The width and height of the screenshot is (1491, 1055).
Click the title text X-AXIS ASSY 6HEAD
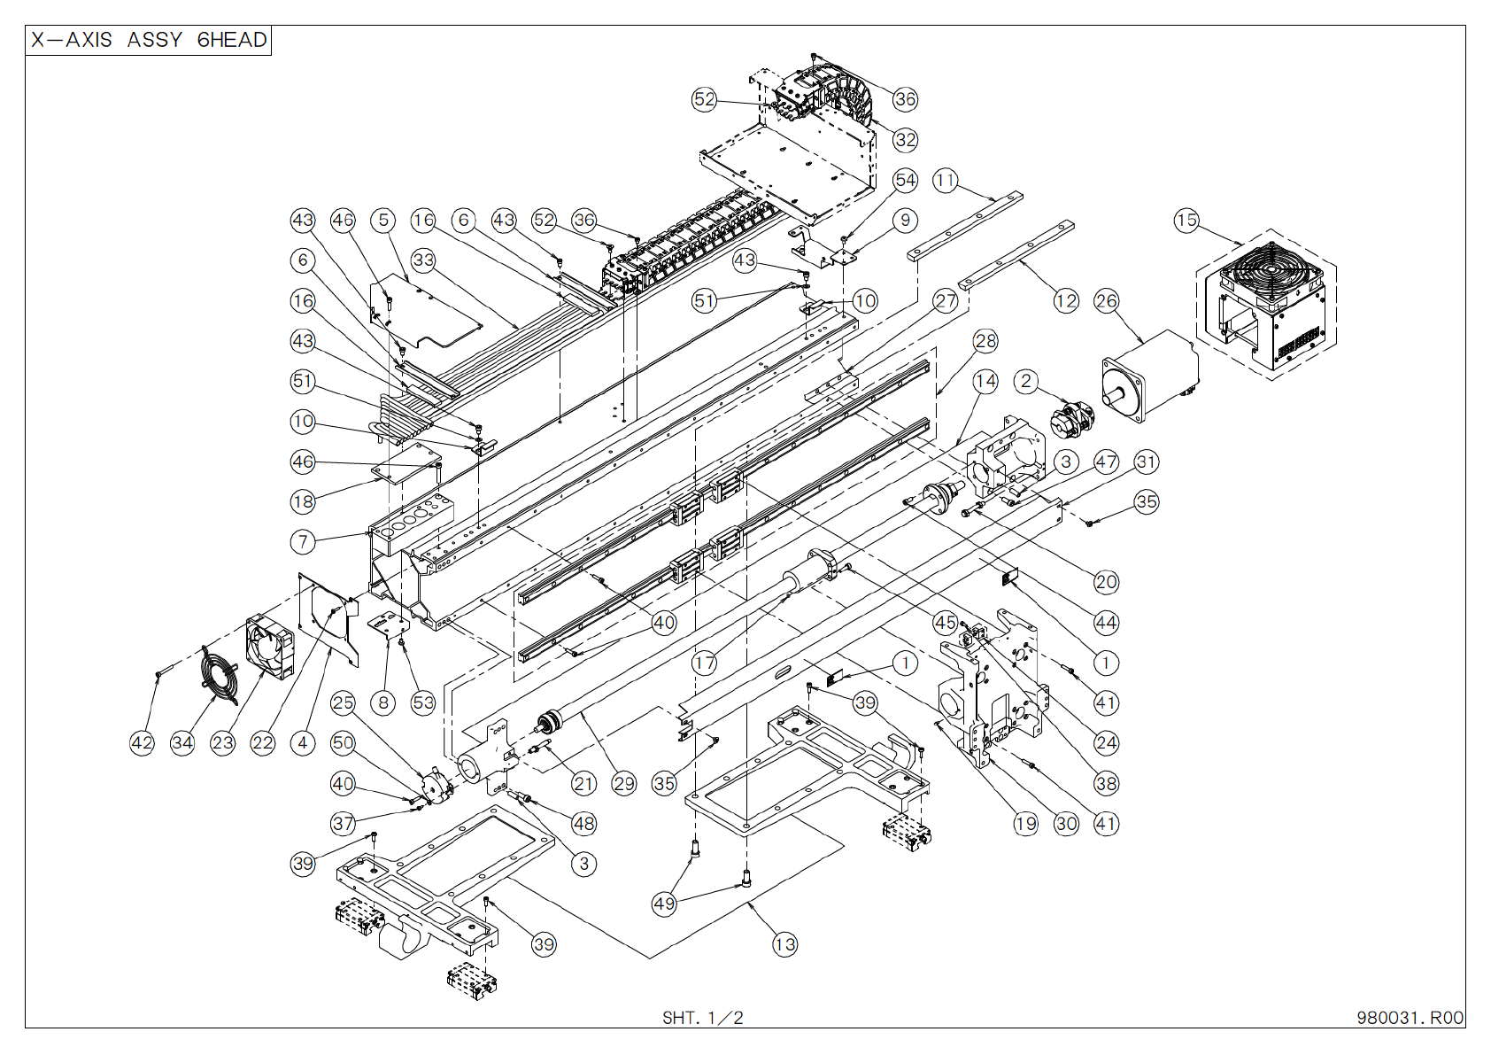[x=148, y=40]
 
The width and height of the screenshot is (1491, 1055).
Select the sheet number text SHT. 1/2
[x=702, y=1018]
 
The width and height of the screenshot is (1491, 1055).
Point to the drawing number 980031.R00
[x=1410, y=1018]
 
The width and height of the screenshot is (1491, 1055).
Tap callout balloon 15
[x=1186, y=220]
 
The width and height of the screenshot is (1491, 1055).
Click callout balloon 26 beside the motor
[x=1106, y=300]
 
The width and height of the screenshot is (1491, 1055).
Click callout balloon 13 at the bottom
[x=784, y=944]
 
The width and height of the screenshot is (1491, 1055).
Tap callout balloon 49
[x=664, y=904]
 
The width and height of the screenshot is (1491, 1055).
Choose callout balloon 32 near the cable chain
[x=905, y=139]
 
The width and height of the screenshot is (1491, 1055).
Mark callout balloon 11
[x=946, y=180]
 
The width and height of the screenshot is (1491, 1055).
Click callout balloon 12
[x=1066, y=300]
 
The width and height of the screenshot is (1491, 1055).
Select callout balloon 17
[x=704, y=663]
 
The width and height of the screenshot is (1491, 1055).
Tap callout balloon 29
[x=624, y=783]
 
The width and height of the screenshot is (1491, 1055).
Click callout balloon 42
[x=142, y=742]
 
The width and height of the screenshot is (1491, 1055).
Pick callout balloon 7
[x=303, y=541]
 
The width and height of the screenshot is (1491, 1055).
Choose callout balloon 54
[x=905, y=180]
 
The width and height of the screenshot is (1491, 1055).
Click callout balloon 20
[x=1106, y=582]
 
